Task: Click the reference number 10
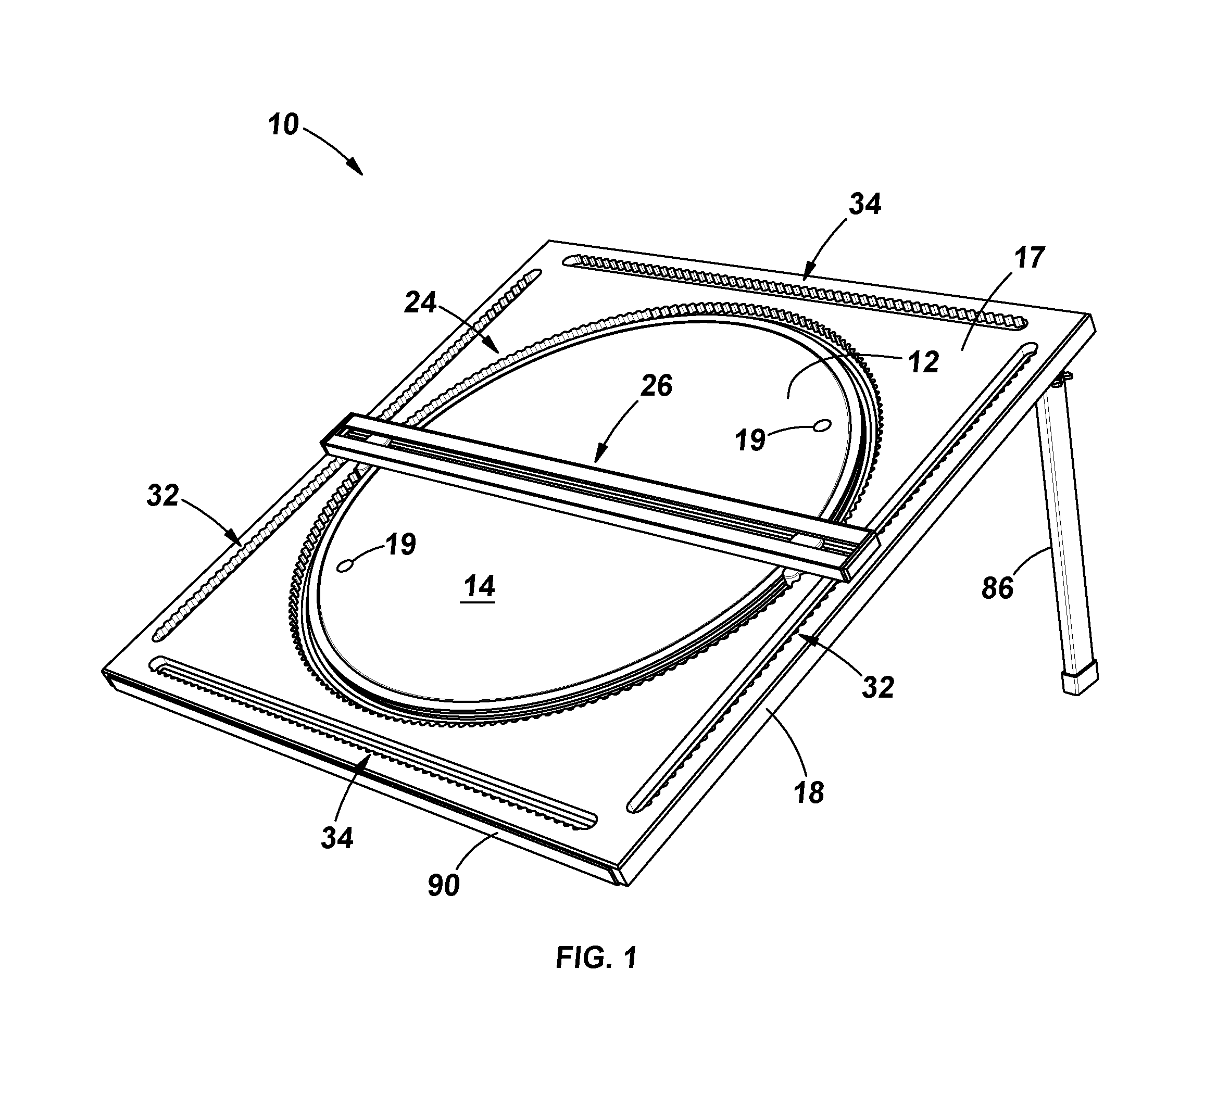click(283, 124)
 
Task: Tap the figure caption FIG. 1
click(596, 958)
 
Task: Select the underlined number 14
click(479, 587)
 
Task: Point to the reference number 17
click(1029, 258)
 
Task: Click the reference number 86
click(997, 588)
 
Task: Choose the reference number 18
click(809, 793)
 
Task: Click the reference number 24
click(420, 303)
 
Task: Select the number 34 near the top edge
click(865, 205)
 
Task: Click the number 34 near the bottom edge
click(337, 837)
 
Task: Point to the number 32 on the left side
click(163, 496)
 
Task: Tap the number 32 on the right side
click(877, 687)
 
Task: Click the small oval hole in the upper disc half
click(821, 426)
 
